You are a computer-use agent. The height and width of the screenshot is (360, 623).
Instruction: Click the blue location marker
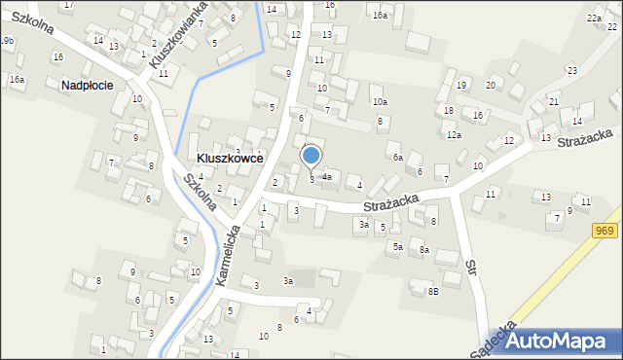[311, 156]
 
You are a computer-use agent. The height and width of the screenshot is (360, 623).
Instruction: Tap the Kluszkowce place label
[229, 157]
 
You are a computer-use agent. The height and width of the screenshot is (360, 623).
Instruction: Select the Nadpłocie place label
[87, 85]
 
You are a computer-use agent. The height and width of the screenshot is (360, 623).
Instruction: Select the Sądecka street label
[492, 335]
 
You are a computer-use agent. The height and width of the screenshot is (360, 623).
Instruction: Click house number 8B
[433, 291]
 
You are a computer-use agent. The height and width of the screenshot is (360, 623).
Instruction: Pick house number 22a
[594, 18]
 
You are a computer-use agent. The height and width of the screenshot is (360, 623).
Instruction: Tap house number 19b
[7, 40]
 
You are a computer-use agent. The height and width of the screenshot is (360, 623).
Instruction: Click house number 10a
[380, 102]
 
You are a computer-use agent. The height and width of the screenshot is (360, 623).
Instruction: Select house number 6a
[397, 157]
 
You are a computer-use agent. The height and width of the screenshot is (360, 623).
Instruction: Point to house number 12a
[454, 135]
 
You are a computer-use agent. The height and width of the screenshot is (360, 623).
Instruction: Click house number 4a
[327, 177]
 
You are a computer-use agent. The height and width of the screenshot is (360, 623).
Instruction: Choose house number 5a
[397, 247]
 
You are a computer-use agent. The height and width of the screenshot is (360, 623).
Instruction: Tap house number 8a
[424, 250]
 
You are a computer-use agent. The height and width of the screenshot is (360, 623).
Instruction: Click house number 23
[571, 70]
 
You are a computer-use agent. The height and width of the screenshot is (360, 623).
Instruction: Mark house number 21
[553, 101]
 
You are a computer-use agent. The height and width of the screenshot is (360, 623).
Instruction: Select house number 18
[449, 110]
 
